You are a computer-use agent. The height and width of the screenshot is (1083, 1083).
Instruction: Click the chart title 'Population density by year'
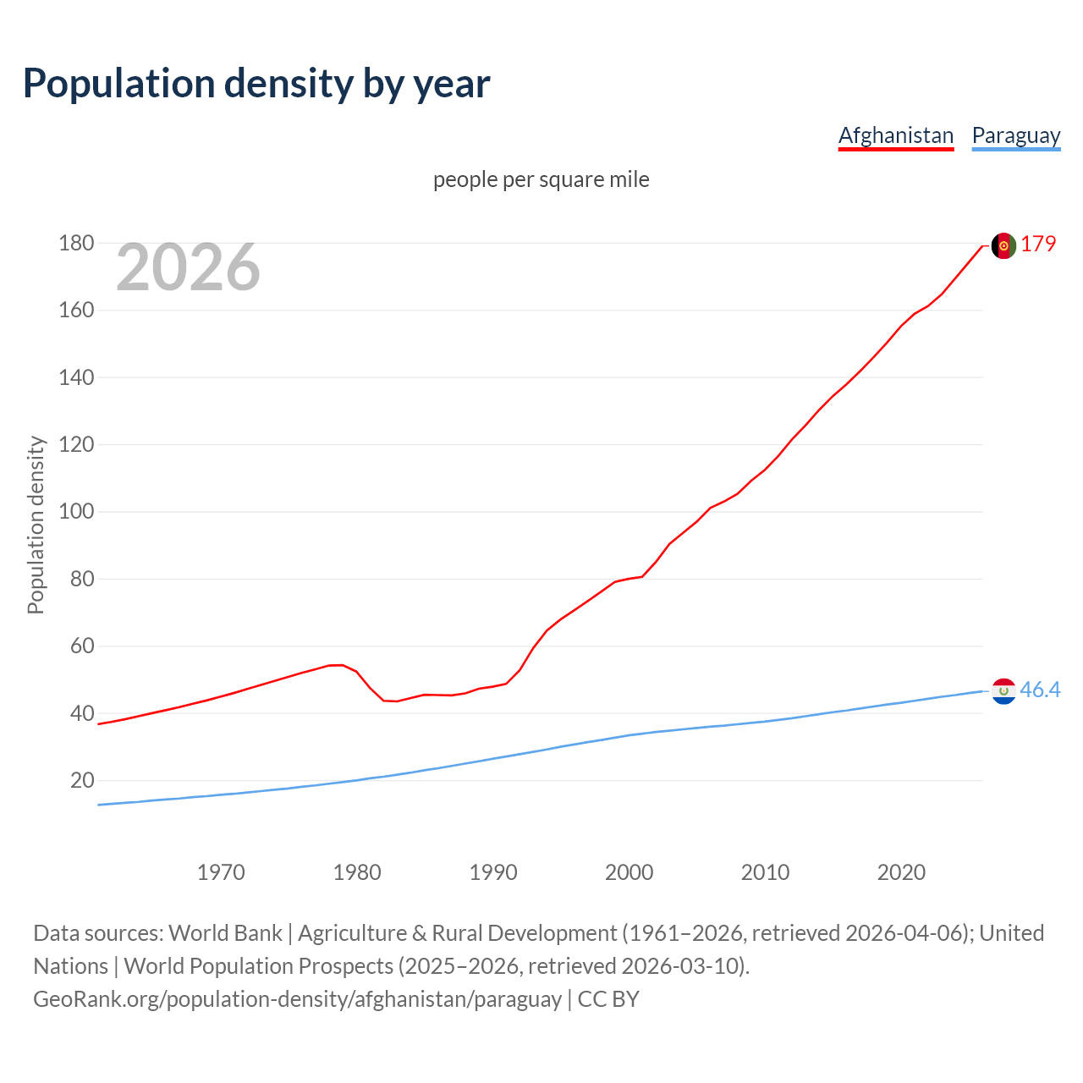tap(256, 84)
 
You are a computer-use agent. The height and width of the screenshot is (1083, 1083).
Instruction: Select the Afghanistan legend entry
tap(895, 135)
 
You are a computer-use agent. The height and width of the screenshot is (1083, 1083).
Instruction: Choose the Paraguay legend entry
tap(1015, 135)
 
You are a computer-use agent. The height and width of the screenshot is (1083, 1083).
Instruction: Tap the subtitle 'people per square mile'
tap(541, 179)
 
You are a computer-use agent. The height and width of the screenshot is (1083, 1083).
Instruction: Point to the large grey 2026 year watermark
tap(188, 267)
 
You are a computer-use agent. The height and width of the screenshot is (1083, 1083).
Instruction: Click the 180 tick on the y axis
tap(76, 244)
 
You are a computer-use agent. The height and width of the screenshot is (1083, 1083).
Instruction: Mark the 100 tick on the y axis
tap(76, 512)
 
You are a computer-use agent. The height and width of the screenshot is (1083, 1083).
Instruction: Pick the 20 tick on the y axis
tap(82, 780)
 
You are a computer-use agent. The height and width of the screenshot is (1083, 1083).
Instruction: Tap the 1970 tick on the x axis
tap(221, 872)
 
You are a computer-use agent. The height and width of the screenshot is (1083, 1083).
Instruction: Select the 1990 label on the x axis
tap(493, 872)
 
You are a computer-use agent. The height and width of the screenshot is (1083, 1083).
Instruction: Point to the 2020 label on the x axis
tap(901, 872)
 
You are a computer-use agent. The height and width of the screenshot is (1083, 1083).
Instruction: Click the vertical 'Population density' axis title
tap(36, 525)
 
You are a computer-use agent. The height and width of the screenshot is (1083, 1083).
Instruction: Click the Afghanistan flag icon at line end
tap(1003, 245)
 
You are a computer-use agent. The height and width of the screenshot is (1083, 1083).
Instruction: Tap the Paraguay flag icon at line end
tap(1003, 691)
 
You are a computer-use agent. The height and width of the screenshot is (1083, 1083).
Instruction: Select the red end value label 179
tap(1038, 244)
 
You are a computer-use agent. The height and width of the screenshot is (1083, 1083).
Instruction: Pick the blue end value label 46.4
tap(1040, 690)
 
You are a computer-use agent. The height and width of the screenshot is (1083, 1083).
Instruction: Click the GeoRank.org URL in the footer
tap(297, 999)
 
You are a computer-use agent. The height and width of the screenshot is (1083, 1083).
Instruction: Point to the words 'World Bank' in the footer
tap(225, 933)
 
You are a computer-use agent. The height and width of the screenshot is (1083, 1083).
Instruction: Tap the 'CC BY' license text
tap(608, 999)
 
